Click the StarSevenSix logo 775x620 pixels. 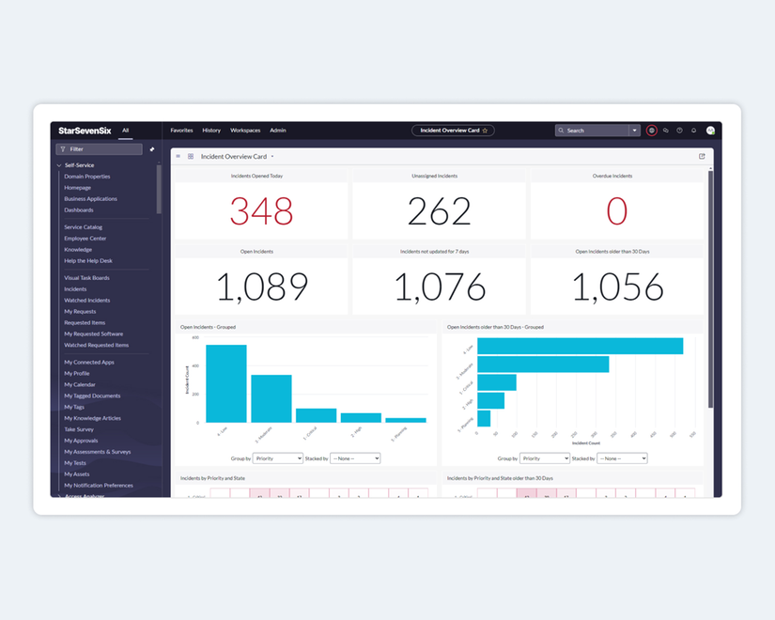pyautogui.click(x=85, y=131)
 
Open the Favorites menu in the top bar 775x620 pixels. pyautogui.click(x=181, y=131)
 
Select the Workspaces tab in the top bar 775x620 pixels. pyautogui.click(x=245, y=131)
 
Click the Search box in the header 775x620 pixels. pyautogui.click(x=592, y=131)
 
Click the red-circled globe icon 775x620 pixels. pyautogui.click(x=652, y=131)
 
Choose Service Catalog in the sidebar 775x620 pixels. pyautogui.click(x=84, y=227)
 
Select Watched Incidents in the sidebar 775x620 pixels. pyautogui.click(x=87, y=301)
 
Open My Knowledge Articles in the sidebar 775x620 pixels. pyautogui.click(x=92, y=418)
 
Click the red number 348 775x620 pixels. pyautogui.click(x=261, y=211)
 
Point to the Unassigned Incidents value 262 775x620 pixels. pyautogui.click(x=440, y=211)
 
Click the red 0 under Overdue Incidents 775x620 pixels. pyautogui.click(x=616, y=211)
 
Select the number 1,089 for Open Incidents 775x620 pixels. pyautogui.click(x=261, y=287)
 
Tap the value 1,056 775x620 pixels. pyautogui.click(x=617, y=287)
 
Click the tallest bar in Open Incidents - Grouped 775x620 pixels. pyautogui.click(x=225, y=383)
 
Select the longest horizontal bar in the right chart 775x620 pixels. pyautogui.click(x=580, y=346)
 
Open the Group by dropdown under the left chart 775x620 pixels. pyautogui.click(x=277, y=458)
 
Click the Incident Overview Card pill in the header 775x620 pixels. pyautogui.click(x=453, y=131)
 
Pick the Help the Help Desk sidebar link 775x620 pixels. pyautogui.click(x=88, y=261)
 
